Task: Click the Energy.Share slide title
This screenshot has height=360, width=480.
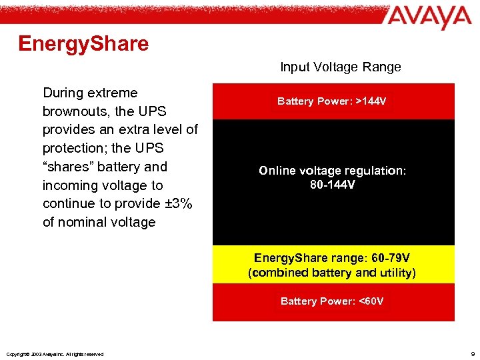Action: click(83, 44)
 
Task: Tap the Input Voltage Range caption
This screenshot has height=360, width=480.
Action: click(340, 67)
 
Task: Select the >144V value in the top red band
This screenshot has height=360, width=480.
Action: click(370, 101)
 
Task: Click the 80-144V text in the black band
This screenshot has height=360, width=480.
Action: click(333, 184)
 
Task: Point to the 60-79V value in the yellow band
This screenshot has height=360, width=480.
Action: click(393, 258)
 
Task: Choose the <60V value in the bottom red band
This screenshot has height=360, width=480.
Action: click(371, 301)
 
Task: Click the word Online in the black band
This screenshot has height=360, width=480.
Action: click(277, 171)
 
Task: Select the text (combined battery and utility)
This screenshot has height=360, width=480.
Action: click(332, 273)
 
